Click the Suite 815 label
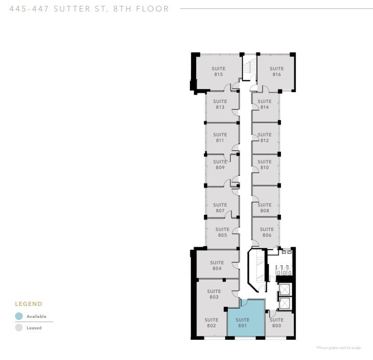(x=218, y=71)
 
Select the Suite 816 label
(x=277, y=71)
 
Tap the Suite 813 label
(x=220, y=104)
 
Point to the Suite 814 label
(x=265, y=104)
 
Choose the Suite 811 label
(x=220, y=137)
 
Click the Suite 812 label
(x=265, y=137)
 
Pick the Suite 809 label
(x=220, y=164)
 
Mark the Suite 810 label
(x=265, y=164)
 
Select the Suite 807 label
(x=220, y=208)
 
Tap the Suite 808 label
(x=265, y=208)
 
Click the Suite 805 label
(x=223, y=232)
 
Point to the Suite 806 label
(x=267, y=232)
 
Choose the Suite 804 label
(x=217, y=265)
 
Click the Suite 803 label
(x=214, y=294)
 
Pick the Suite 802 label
(x=211, y=323)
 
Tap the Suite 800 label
(x=277, y=323)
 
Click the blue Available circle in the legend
(x=19, y=316)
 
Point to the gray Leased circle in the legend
(x=19, y=328)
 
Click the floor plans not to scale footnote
(x=339, y=348)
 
